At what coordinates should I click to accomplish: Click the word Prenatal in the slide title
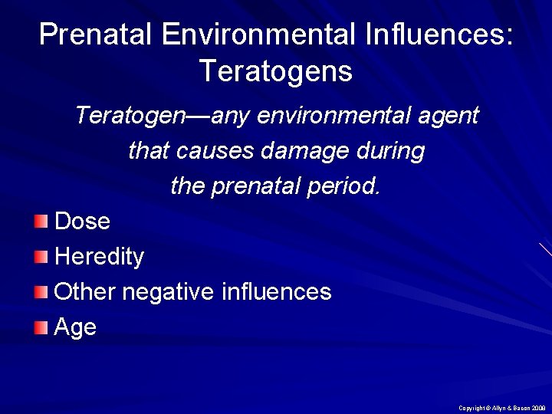tap(90, 35)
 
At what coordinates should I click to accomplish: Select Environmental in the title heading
tap(247, 35)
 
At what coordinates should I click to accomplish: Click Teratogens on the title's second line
tap(276, 71)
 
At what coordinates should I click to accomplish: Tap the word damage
tap(309, 151)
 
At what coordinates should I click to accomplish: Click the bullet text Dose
tap(83, 222)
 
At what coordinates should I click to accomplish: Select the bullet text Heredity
tap(100, 257)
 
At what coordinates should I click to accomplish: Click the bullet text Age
tap(76, 328)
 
